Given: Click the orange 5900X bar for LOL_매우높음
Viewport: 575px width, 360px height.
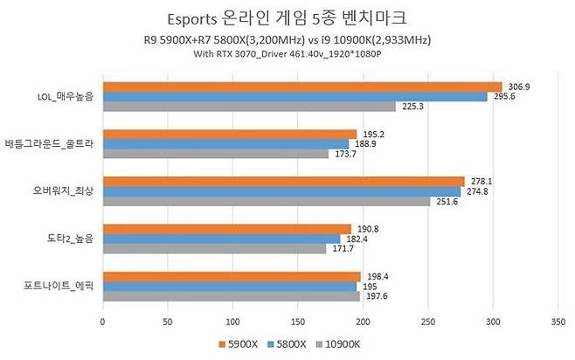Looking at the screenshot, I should [x=301, y=87].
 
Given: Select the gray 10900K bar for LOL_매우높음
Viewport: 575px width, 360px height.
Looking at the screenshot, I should [x=249, y=106].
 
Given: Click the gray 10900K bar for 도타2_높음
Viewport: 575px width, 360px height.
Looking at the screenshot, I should [x=213, y=248].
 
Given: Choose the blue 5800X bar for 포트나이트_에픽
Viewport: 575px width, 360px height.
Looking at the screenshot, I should [x=229, y=287].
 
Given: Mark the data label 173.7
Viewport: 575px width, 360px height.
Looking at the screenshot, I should [x=343, y=154].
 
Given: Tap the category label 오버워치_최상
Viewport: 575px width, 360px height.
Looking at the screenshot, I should [x=60, y=191].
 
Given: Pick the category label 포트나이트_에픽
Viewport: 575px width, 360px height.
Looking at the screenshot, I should [x=58, y=287].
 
